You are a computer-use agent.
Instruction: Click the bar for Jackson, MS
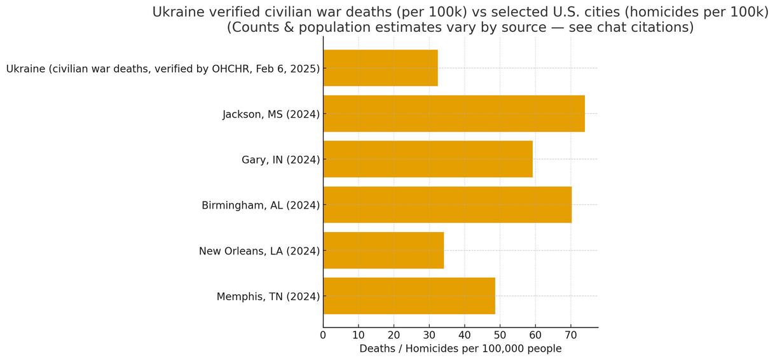[x=453, y=114]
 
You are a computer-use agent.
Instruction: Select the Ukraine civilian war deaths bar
[x=380, y=68]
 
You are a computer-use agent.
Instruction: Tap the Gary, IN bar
[x=427, y=159]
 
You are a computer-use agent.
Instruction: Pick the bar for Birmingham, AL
[x=447, y=205]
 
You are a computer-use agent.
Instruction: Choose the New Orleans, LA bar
[x=383, y=251]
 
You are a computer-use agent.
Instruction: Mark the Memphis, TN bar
[x=409, y=296]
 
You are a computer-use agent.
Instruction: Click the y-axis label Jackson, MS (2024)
[x=271, y=114]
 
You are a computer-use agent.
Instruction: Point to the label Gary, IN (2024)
[x=280, y=160]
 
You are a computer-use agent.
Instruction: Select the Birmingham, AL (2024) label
[x=261, y=205]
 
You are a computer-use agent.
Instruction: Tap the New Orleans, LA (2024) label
[x=259, y=251]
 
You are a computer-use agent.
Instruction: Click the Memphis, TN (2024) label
[x=268, y=296]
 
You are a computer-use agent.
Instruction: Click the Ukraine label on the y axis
[x=163, y=69]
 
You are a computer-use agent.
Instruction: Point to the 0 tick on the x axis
[x=323, y=335]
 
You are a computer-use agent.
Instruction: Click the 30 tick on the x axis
[x=429, y=335]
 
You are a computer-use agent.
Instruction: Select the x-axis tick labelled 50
[x=500, y=335]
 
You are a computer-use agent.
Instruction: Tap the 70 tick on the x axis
[x=570, y=335]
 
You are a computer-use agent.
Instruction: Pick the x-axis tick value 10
[x=359, y=335]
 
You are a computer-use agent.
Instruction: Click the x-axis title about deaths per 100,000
[x=460, y=349]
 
